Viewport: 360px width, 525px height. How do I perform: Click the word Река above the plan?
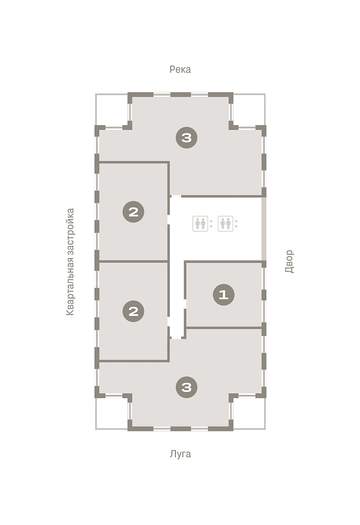pyautogui.click(x=180, y=70)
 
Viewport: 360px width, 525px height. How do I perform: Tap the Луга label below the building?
pyautogui.click(x=180, y=454)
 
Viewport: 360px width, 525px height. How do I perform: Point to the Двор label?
pyautogui.click(x=290, y=261)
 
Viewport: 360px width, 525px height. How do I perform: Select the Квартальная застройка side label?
pyautogui.click(x=70, y=262)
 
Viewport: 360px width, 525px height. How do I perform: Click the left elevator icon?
pyautogui.click(x=200, y=224)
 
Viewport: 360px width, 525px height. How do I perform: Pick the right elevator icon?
pyautogui.click(x=225, y=224)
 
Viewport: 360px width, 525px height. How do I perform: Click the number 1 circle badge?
pyautogui.click(x=224, y=294)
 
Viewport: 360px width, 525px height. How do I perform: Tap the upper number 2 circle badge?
pyautogui.click(x=133, y=212)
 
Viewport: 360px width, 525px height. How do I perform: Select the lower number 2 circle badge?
pyautogui.click(x=133, y=311)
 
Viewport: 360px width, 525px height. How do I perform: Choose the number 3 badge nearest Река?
pyautogui.click(x=187, y=137)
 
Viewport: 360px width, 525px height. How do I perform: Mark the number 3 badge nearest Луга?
pyautogui.click(x=187, y=388)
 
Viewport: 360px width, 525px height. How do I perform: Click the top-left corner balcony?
pyautogui.click(x=112, y=110)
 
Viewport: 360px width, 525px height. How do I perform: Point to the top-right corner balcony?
pyautogui.click(x=249, y=110)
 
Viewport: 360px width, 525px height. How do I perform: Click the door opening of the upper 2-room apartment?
pyautogui.click(x=168, y=220)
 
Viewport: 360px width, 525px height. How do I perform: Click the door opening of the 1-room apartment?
pyautogui.click(x=185, y=304)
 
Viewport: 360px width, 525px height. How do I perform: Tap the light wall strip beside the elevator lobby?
pyautogui.click(x=264, y=229)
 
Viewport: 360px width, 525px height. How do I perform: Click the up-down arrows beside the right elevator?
pyautogui.click(x=236, y=224)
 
